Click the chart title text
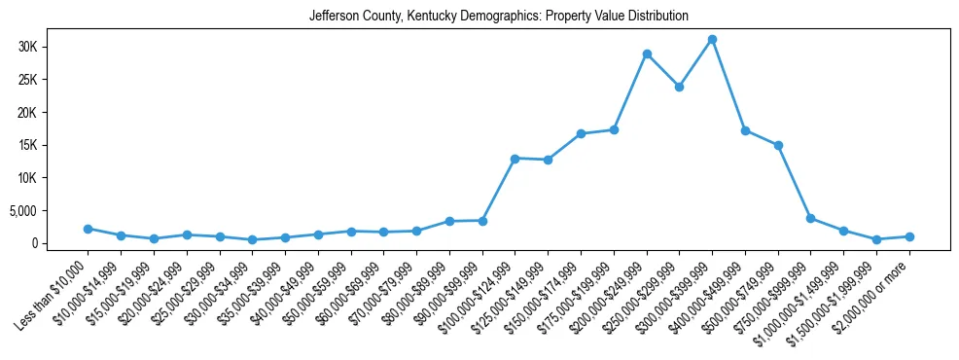498,17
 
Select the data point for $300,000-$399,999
712,40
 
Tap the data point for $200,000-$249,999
647,54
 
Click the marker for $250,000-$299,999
679,87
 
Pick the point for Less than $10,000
88,229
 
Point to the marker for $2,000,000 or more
909,236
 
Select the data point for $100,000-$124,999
515,159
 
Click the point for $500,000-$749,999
778,146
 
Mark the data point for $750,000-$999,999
810,218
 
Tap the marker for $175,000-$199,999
614,129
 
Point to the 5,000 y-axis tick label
48,211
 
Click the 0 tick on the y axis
59,243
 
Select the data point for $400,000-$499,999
745,130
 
